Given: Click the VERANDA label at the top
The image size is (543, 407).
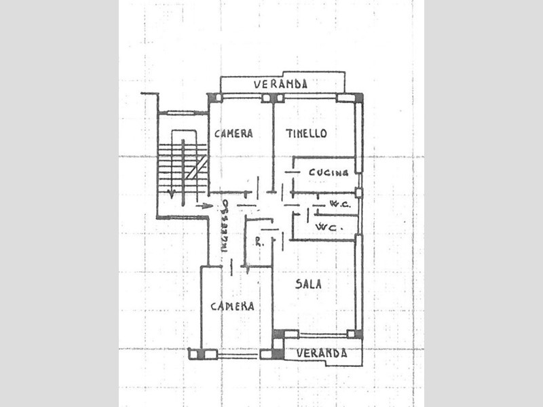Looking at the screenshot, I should (280, 85).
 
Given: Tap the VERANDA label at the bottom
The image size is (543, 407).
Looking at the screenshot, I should (321, 353).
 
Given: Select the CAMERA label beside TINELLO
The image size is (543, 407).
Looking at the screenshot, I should (233, 134).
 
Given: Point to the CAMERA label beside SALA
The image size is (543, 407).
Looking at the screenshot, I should (232, 306).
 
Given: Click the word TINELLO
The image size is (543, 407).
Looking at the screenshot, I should (306, 133).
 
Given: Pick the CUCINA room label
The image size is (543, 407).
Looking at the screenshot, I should (329, 172).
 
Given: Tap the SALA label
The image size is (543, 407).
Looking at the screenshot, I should (308, 284).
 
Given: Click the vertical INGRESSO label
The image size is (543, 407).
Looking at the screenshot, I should (225, 228).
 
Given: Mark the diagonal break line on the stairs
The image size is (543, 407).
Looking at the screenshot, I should (198, 166).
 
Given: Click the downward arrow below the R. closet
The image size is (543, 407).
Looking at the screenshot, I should (248, 269).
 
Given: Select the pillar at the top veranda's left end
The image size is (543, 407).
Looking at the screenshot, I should (211, 98).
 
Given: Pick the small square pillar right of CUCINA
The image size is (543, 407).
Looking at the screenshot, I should (358, 193).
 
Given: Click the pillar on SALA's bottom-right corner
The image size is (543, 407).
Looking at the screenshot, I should (352, 333).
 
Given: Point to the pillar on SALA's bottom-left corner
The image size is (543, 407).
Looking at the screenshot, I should (278, 333).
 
